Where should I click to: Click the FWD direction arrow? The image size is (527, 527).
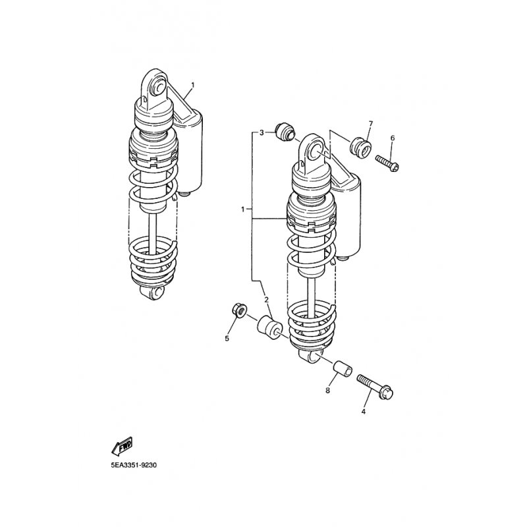click(123, 446)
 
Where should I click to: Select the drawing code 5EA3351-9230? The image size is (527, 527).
click(134, 466)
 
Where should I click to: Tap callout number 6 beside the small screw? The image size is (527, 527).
click(392, 138)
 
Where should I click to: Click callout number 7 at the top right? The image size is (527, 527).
click(371, 124)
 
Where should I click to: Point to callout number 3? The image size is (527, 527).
click(262, 133)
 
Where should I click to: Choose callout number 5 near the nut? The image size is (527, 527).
click(227, 338)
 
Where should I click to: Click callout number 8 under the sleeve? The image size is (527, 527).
click(327, 390)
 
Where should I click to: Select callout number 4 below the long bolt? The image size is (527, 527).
click(364, 411)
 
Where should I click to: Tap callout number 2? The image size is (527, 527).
click(267, 300)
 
